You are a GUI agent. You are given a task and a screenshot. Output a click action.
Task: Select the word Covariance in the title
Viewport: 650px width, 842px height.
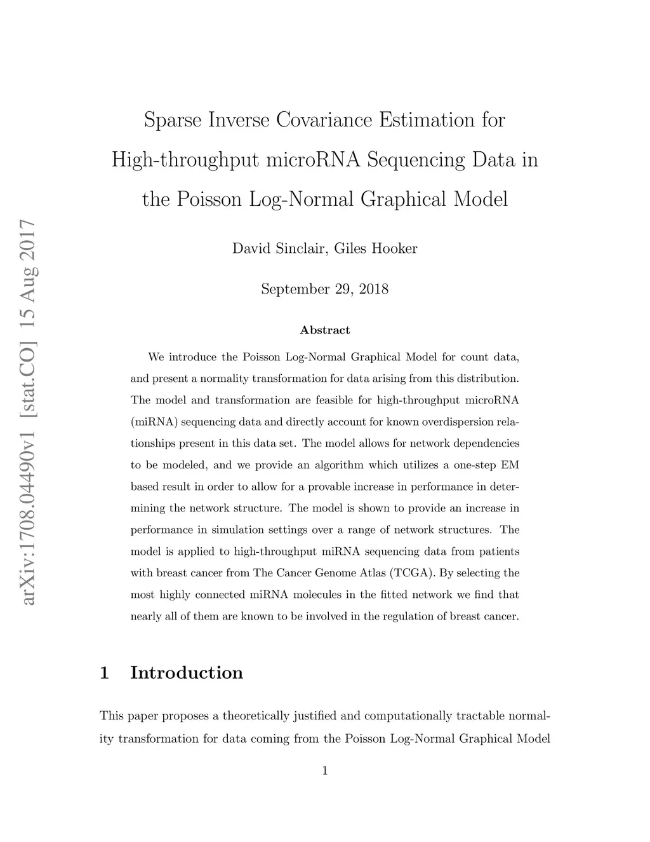tap(323, 120)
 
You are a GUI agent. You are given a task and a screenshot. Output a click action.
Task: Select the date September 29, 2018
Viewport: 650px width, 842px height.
tap(324, 290)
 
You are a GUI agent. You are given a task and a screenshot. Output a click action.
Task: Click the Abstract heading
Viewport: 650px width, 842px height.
tap(324, 330)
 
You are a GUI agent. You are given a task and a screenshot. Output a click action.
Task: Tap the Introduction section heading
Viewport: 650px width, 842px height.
tap(187, 673)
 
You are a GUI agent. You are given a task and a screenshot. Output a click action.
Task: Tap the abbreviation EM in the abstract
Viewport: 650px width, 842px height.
tap(510, 465)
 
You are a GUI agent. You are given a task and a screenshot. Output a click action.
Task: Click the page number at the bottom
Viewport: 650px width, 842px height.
tap(325, 771)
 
